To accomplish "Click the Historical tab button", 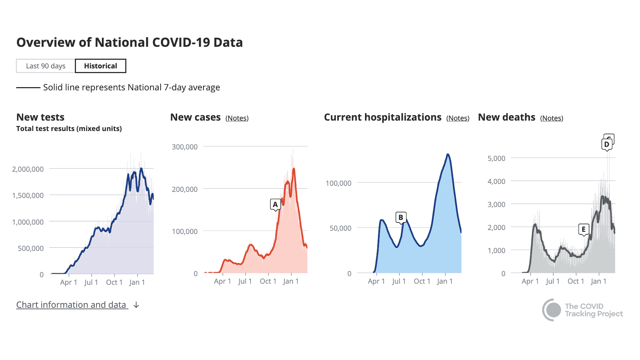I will (100, 66).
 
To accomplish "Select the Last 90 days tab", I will (46, 66).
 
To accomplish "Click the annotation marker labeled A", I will (275, 204).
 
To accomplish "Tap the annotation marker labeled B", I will (401, 217).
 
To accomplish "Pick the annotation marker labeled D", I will (607, 144).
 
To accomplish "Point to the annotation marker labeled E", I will (583, 229).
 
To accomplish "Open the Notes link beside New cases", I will (237, 118).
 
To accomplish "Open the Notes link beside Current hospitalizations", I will (458, 118).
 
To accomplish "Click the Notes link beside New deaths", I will (551, 118).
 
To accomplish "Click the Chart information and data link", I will (72, 305).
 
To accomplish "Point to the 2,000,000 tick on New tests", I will (28, 169).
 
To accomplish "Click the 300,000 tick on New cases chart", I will (185, 147).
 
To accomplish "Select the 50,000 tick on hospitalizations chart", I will (340, 228).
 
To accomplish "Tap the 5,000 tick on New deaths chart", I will (496, 158).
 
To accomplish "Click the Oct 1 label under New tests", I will (114, 282).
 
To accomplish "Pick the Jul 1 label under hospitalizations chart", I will (399, 281).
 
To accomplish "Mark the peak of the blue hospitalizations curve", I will (448, 154).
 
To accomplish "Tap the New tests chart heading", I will (40, 117).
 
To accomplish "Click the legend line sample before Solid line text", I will (28, 87).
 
